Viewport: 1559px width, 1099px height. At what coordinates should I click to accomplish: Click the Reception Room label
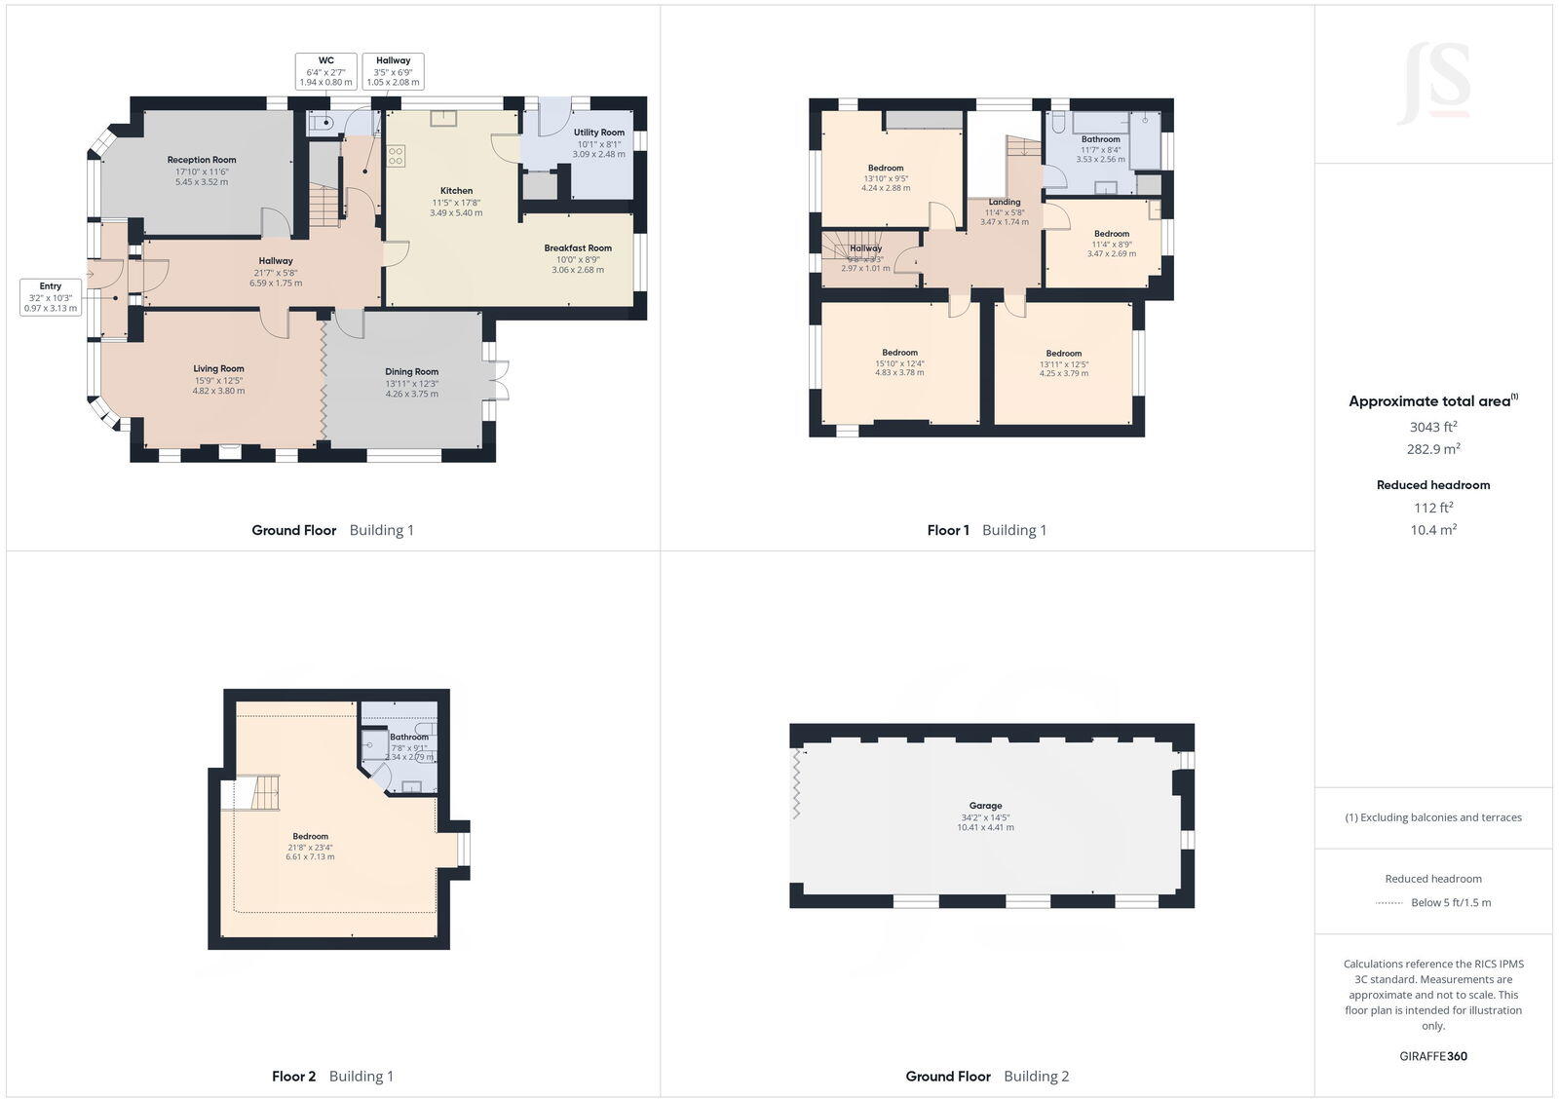[x=202, y=160]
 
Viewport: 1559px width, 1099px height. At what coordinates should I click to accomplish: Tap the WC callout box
[x=325, y=71]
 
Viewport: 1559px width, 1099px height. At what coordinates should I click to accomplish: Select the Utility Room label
[x=598, y=133]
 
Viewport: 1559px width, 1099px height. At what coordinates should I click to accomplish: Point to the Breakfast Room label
[x=578, y=248]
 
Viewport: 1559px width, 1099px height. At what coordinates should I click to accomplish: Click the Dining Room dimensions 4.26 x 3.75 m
[x=411, y=394]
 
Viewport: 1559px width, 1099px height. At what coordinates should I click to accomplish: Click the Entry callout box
[x=51, y=297]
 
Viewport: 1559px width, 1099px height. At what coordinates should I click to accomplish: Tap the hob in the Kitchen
[x=396, y=157]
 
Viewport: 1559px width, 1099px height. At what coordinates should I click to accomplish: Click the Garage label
[x=985, y=806]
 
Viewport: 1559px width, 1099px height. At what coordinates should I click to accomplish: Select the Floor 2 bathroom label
[x=409, y=738]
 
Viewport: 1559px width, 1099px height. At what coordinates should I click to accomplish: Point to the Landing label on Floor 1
[x=1004, y=203]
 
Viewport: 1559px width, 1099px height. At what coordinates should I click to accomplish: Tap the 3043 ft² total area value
[x=1432, y=427]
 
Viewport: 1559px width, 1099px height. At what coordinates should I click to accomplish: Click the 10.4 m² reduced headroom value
[x=1432, y=530]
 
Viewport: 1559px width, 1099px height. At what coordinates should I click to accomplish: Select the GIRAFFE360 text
[x=1432, y=1056]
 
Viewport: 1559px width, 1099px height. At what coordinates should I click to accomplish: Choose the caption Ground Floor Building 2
[x=986, y=1077]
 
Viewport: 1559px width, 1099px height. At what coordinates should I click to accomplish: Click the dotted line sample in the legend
[x=1388, y=903]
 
